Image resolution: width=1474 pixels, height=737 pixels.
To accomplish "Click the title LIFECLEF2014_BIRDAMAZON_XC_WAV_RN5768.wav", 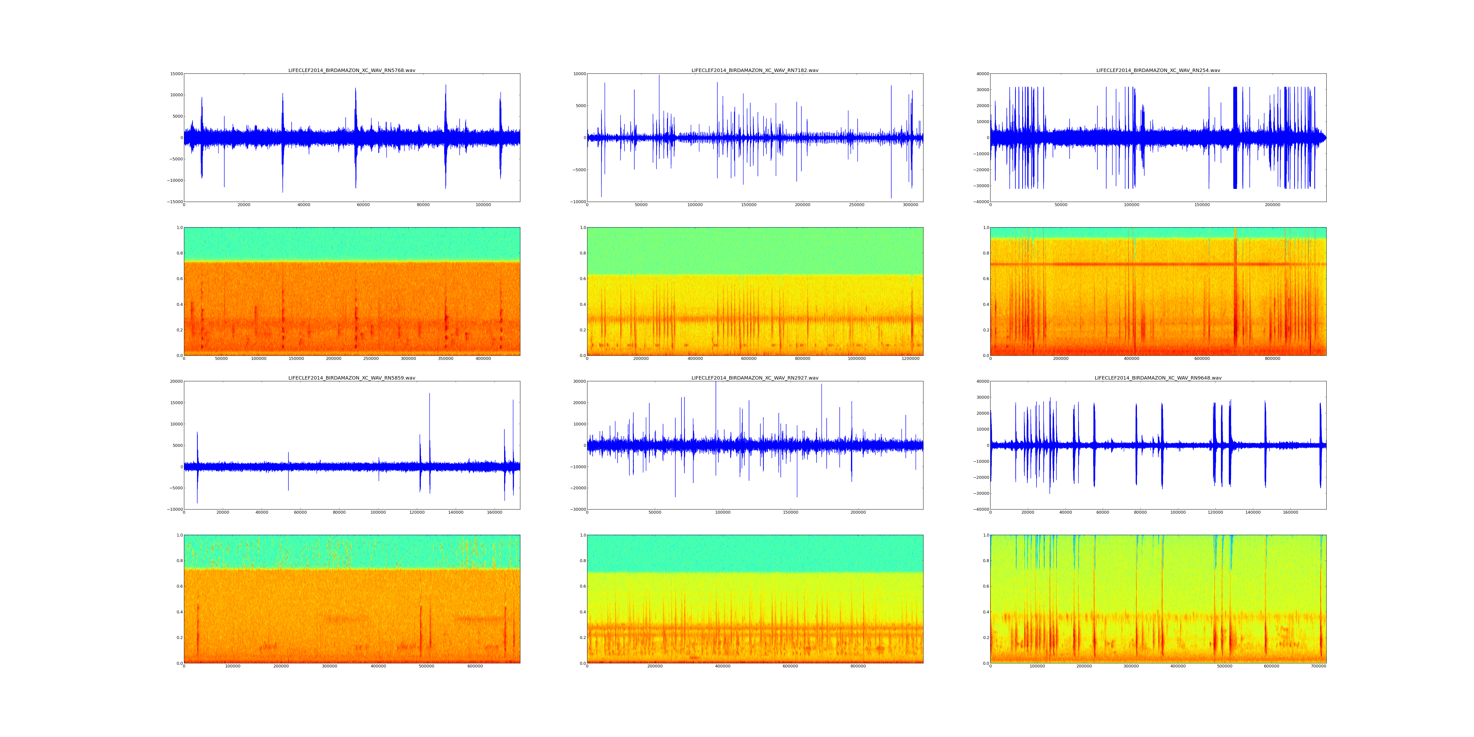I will tap(351, 70).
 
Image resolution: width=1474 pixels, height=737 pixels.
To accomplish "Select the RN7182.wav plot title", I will tap(755, 70).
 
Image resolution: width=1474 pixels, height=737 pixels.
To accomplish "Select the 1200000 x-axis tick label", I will tap(910, 359).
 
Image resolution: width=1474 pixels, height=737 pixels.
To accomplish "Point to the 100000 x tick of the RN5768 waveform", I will tap(483, 205).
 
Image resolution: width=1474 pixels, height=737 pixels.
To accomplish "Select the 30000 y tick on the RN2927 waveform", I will tap(579, 382).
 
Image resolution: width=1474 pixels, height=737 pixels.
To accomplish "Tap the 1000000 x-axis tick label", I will tap(857, 359).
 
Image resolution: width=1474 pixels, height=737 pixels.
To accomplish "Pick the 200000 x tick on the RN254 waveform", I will tap(1273, 205).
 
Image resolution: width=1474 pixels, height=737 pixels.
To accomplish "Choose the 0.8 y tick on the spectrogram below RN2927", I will tap(582, 561).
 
